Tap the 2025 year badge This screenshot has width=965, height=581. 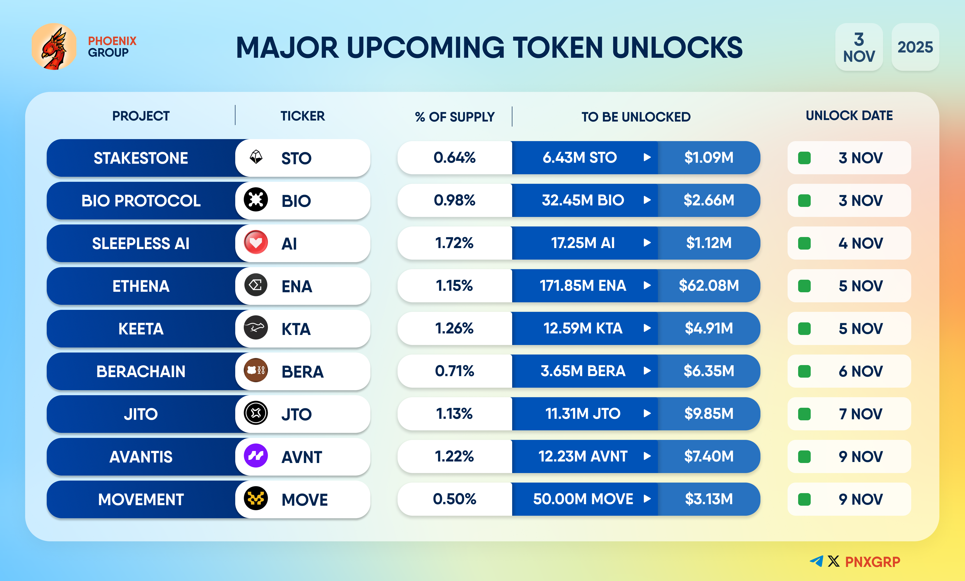(915, 47)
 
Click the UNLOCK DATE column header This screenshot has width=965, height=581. (849, 115)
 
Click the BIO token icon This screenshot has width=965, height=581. (256, 200)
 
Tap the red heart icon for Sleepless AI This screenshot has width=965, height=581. (256, 243)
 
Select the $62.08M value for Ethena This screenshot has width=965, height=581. (708, 286)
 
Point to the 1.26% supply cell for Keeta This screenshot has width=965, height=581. (454, 328)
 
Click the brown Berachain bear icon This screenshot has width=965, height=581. (256, 370)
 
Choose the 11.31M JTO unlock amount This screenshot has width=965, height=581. (583, 414)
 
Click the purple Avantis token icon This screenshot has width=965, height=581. (256, 456)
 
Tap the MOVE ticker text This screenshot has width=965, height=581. (304, 500)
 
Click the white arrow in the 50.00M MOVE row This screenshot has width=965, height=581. (647, 499)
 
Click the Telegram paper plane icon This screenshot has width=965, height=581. (816, 561)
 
